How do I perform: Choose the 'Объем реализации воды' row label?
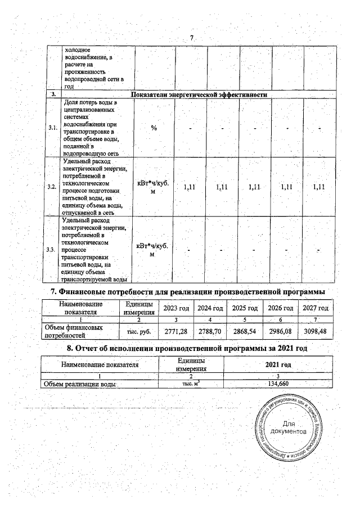pos(77,384)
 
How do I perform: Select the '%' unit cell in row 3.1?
pos(154,128)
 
